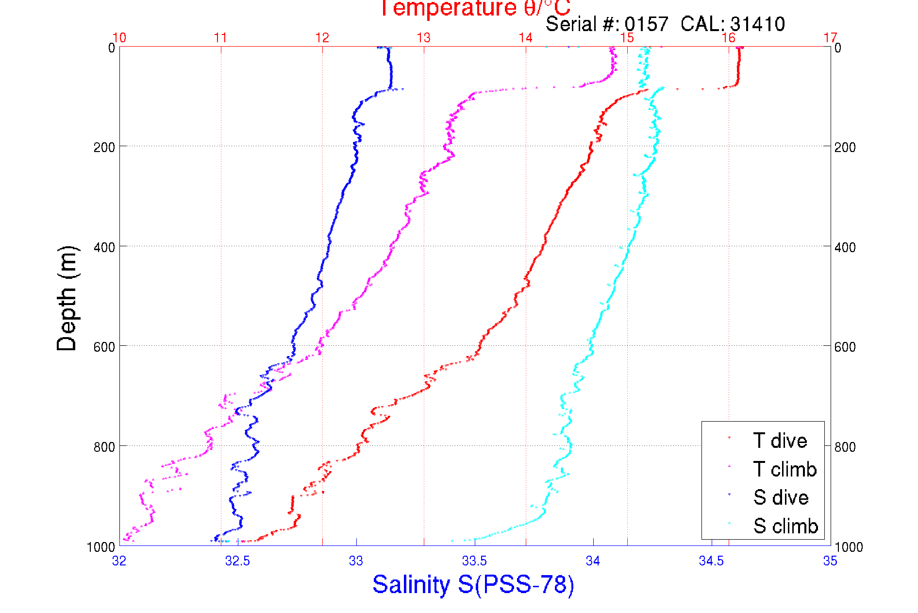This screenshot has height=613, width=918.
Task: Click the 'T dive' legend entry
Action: [780, 441]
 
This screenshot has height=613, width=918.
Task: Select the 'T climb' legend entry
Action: [784, 469]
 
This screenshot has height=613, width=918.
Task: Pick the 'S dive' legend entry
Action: [781, 497]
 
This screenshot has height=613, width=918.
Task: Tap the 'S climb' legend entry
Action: [785, 526]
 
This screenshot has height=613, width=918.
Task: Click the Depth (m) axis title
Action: [67, 298]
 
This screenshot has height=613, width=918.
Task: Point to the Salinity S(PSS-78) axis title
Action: [473, 584]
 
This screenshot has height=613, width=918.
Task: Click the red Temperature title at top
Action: [474, 8]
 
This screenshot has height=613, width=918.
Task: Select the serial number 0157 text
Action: [646, 24]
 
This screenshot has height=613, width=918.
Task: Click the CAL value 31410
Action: [757, 24]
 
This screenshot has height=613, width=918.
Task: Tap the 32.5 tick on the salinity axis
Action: [237, 561]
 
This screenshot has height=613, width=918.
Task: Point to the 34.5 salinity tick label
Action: [711, 561]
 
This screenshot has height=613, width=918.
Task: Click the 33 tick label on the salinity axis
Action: [356, 561]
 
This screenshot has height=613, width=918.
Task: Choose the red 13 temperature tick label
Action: [424, 38]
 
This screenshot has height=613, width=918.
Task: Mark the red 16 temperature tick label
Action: [729, 38]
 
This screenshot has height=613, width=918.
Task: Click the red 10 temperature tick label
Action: [119, 38]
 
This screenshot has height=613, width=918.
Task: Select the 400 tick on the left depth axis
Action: [104, 247]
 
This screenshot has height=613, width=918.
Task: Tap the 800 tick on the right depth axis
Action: [845, 446]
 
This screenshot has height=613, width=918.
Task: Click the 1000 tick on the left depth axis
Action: [101, 547]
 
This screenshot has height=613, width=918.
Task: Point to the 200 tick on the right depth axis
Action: [845, 147]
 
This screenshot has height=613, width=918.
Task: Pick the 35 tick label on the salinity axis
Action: [830, 561]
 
